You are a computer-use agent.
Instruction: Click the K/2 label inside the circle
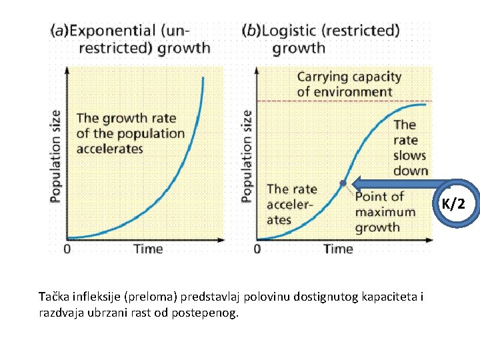pyautogui.click(x=453, y=203)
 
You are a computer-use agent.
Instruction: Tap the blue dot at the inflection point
pyautogui.click(x=343, y=183)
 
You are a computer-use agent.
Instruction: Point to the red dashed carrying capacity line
pyautogui.click(x=345, y=101)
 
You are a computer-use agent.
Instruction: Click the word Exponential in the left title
pyautogui.click(x=113, y=31)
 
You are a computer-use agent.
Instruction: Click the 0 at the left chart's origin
pyautogui.click(x=67, y=249)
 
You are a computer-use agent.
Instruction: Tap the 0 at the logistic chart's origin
pyautogui.click(x=257, y=249)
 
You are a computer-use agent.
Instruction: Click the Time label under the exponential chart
pyautogui.click(x=148, y=249)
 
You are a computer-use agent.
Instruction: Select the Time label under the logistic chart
pyautogui.click(x=339, y=249)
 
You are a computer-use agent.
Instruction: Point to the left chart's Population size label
pyautogui.click(x=55, y=156)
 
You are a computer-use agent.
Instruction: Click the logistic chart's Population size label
pyautogui.click(x=247, y=156)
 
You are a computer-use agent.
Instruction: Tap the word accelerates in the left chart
pyautogui.click(x=109, y=149)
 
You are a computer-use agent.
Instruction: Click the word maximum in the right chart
pyautogui.click(x=385, y=212)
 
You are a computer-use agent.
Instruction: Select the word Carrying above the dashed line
pyautogui.click(x=321, y=77)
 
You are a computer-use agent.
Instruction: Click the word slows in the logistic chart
pyautogui.click(x=409, y=155)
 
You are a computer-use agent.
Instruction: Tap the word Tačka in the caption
pyautogui.click(x=53, y=297)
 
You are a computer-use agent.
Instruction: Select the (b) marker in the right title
pyautogui.click(x=251, y=31)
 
